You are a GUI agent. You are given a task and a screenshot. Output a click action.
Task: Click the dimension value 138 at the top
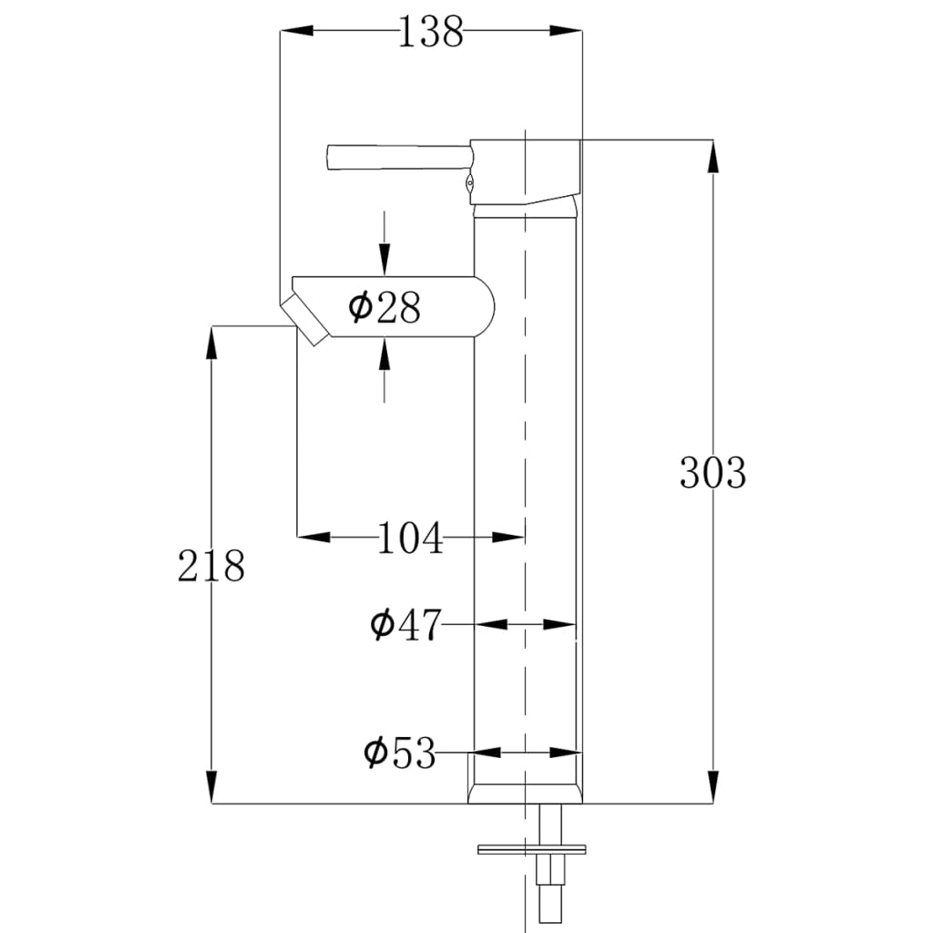pos(431,33)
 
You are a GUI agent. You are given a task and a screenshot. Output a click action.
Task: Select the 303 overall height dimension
pos(713,473)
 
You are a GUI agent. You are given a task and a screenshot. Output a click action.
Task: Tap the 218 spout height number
pos(211,567)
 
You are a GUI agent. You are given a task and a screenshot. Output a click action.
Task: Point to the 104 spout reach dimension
pos(410,538)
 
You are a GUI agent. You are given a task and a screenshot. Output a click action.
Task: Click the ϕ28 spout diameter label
pos(384,308)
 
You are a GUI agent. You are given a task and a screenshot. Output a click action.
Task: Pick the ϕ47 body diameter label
pos(405,626)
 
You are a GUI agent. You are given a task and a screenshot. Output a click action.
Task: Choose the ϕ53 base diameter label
pos(400,754)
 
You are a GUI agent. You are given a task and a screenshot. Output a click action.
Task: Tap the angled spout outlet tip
pos(305,320)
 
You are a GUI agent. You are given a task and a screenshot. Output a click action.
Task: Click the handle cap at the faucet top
pos(527,170)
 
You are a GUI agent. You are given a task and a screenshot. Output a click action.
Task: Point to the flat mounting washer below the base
pos(531,850)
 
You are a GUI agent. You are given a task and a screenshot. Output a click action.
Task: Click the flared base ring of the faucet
pos(526,789)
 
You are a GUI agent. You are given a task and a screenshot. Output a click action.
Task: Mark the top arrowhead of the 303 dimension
pos(713,155)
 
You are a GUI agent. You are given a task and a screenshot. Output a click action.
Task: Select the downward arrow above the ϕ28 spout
pos(384,259)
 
